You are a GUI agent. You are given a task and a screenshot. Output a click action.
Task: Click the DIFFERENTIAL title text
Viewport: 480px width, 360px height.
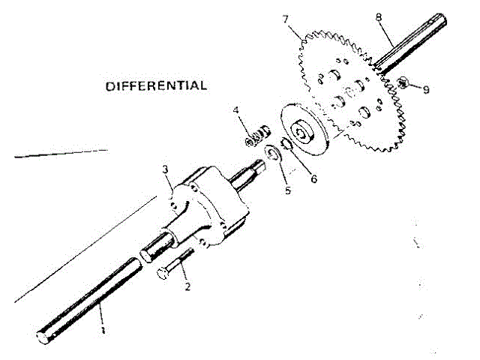[156, 85]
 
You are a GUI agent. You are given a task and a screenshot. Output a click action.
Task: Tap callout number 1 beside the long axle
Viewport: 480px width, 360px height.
[102, 328]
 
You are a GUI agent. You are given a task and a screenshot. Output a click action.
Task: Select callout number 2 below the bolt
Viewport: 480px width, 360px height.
[187, 286]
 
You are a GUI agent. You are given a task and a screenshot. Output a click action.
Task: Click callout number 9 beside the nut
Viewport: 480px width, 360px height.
[426, 89]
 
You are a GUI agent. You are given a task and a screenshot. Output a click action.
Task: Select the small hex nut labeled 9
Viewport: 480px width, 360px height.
[403, 83]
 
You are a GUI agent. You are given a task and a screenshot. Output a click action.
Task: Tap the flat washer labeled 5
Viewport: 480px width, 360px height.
[273, 155]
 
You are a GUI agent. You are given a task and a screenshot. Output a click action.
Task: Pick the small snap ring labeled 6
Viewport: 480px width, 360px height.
[286, 144]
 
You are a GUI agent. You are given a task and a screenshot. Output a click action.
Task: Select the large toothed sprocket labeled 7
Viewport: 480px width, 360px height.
[352, 90]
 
